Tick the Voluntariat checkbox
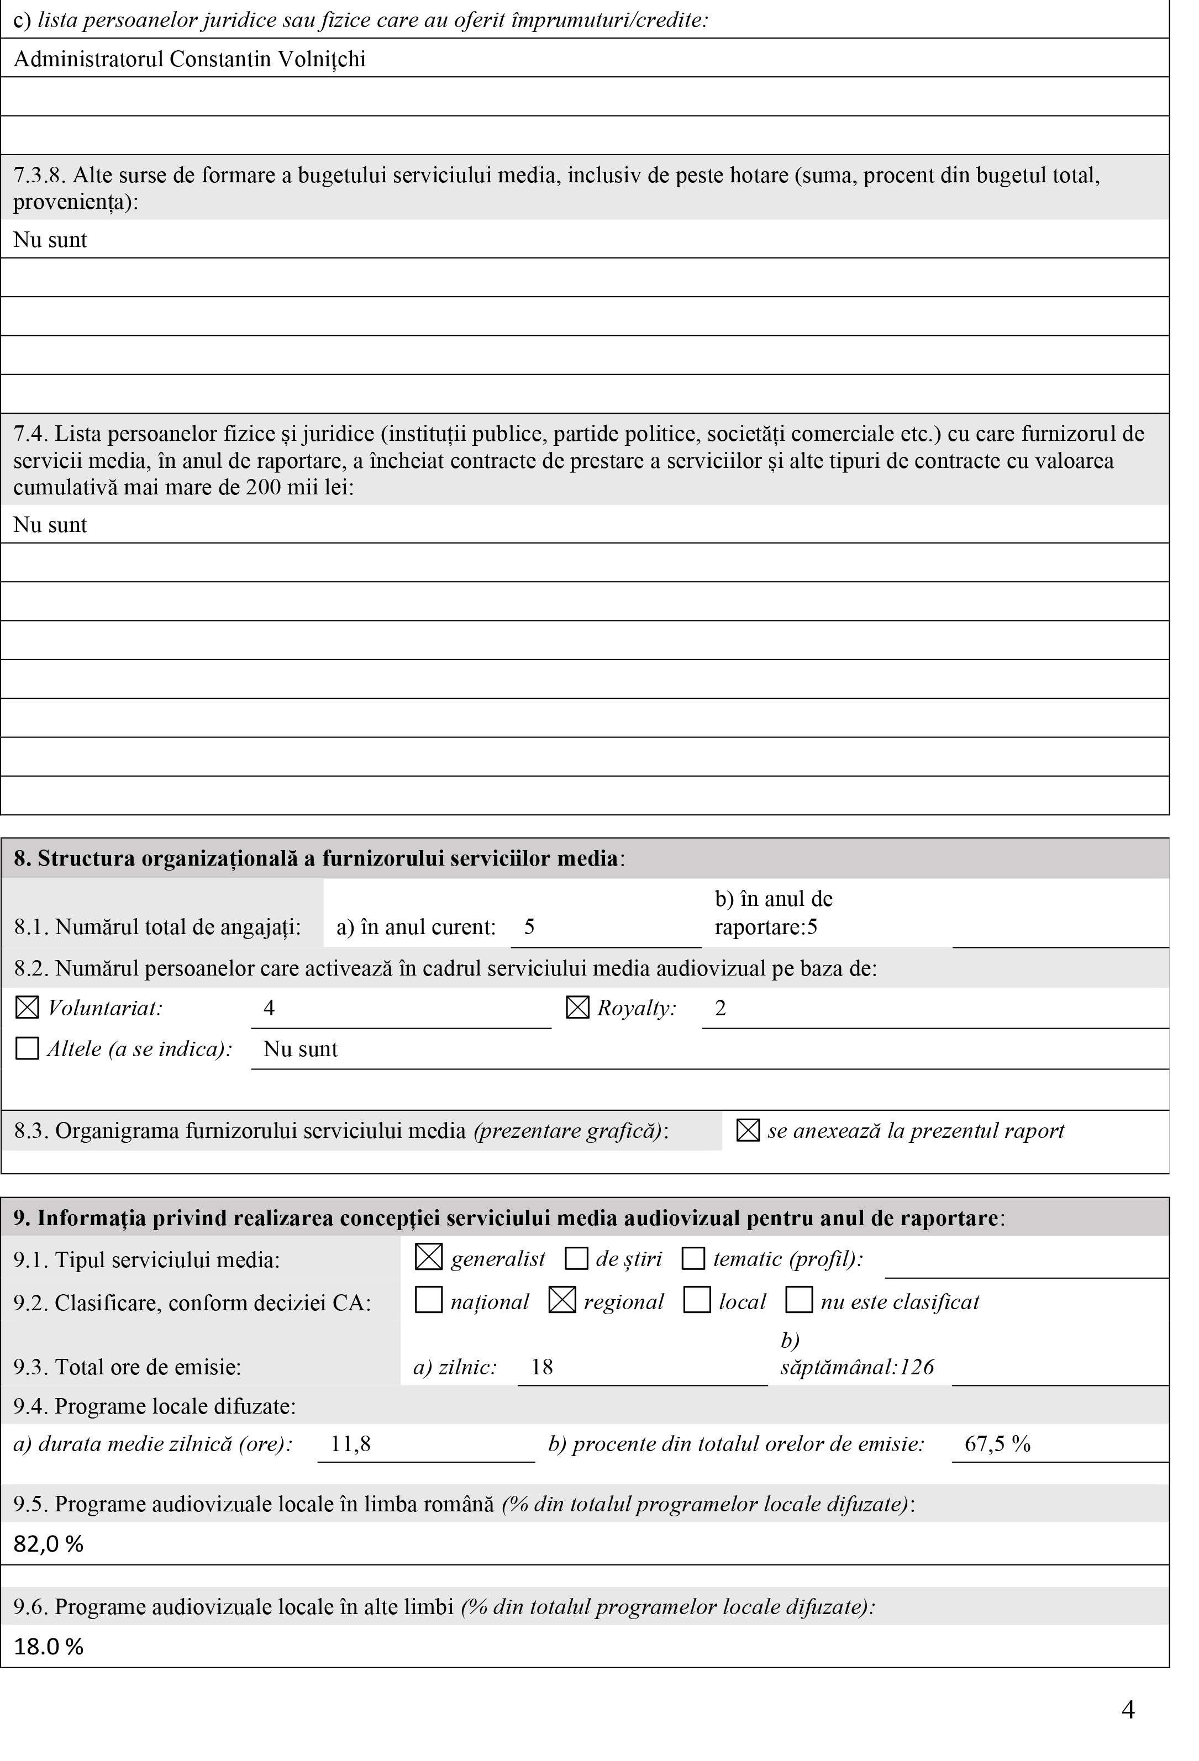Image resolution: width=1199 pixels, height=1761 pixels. [27, 1008]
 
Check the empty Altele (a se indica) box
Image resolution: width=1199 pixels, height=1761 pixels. [27, 1049]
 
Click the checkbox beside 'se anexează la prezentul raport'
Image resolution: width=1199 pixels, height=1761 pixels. [748, 1131]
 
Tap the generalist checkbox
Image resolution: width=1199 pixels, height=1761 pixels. [429, 1259]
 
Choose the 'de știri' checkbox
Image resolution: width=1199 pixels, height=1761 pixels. [577, 1259]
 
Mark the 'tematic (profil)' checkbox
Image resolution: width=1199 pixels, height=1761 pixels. [693, 1259]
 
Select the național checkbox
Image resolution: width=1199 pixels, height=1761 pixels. [429, 1301]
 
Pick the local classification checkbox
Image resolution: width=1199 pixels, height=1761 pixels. [697, 1301]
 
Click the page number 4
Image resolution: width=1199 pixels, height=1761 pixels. [1128, 1710]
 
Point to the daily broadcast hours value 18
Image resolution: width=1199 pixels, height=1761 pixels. [542, 1367]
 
